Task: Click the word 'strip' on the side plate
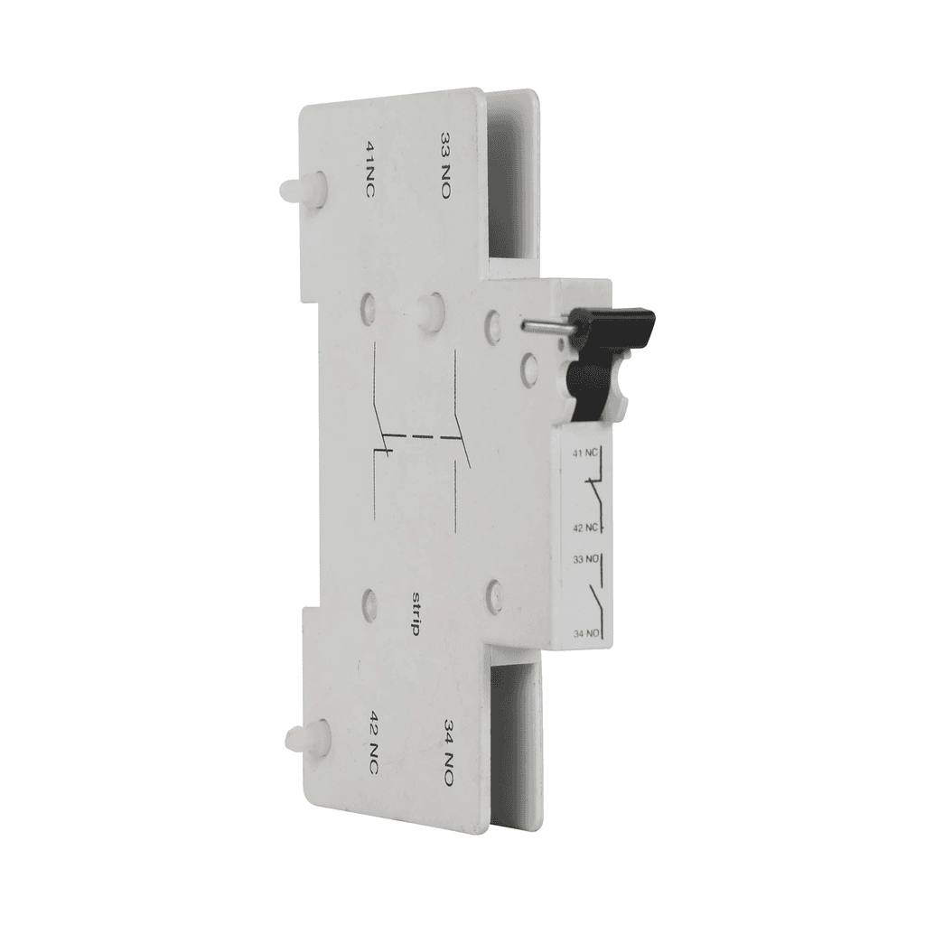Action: coord(414,612)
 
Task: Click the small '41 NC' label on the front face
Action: coord(584,453)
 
